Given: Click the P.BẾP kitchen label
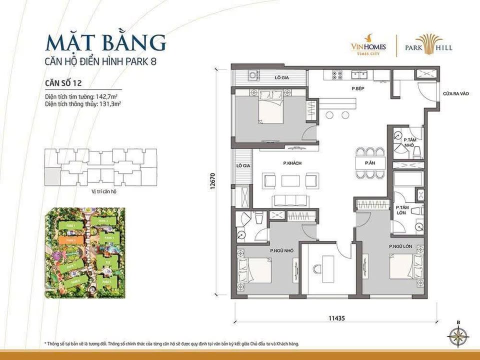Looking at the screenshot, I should tap(356, 88).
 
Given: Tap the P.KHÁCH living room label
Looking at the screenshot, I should tap(291, 163).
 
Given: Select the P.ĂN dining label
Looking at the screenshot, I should tap(370, 163).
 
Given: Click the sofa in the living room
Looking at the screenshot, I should tap(291, 201).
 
